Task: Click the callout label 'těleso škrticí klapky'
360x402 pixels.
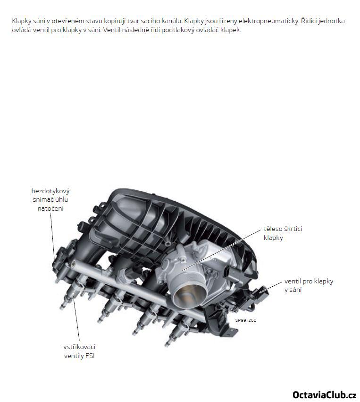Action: click(x=283, y=233)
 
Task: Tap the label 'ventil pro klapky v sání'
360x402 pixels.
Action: click(x=309, y=285)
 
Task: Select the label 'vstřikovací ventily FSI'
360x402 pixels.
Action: click(x=79, y=351)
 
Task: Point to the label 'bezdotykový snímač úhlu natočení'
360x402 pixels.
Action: click(x=50, y=199)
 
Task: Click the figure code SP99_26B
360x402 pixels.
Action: click(x=246, y=320)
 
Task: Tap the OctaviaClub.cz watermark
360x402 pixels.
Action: click(x=325, y=394)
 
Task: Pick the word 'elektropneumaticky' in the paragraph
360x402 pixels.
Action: click(x=269, y=21)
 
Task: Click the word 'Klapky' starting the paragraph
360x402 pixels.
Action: click(x=21, y=21)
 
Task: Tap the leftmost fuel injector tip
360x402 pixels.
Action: click(x=61, y=307)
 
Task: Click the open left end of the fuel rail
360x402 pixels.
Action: click(x=74, y=263)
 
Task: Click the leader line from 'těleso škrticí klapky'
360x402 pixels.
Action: click(x=221, y=250)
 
